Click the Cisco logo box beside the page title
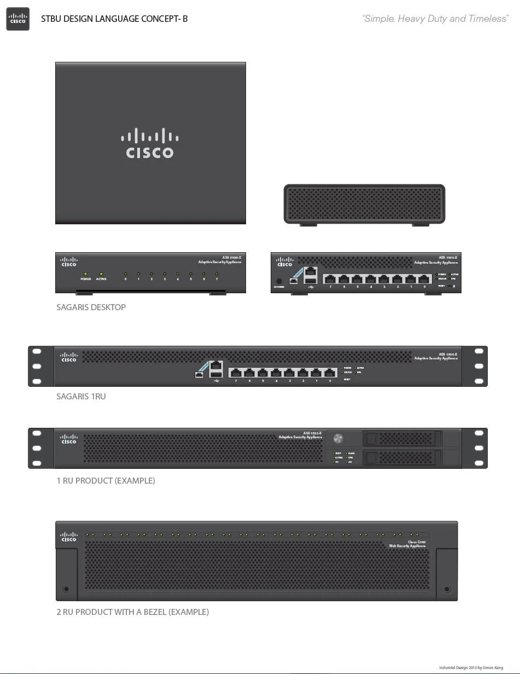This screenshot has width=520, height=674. click(x=18, y=19)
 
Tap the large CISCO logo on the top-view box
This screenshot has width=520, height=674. click(x=150, y=143)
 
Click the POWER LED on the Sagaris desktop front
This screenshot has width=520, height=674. click(x=86, y=274)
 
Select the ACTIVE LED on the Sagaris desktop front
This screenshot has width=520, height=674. click(x=101, y=274)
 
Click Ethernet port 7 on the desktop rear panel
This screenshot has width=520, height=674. click(x=330, y=280)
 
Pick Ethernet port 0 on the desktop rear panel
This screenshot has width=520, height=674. click(x=424, y=280)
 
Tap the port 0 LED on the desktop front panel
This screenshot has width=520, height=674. click(x=125, y=274)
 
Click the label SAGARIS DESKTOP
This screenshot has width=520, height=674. click(x=91, y=307)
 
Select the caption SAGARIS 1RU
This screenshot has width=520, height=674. click(x=81, y=397)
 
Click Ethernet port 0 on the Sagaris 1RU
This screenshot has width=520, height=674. click(x=330, y=373)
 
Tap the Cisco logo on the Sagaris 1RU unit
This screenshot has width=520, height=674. click(x=69, y=357)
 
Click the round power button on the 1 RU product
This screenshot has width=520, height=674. click(x=338, y=438)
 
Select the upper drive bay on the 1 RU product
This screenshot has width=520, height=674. click(x=403, y=438)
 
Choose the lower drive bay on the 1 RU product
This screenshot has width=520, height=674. click(x=403, y=457)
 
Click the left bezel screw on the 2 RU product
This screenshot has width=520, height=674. click(x=66, y=589)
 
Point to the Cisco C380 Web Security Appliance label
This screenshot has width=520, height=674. click(x=407, y=544)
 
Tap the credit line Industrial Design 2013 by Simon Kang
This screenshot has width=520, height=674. click(x=471, y=668)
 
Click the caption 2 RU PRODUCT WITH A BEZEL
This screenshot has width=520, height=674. click(x=133, y=612)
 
